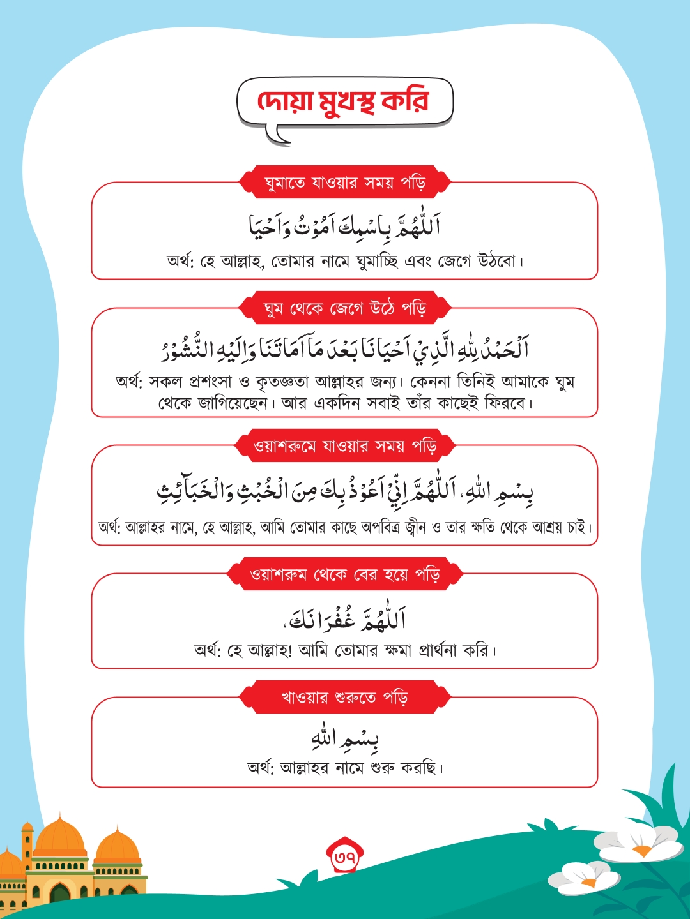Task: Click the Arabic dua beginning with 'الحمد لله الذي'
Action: pyautogui.click(x=345, y=348)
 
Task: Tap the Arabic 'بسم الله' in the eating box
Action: pyautogui.click(x=345, y=738)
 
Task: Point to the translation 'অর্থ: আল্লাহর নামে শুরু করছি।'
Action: pyautogui.click(x=345, y=767)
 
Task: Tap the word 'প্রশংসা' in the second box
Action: pyautogui.click(x=211, y=382)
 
